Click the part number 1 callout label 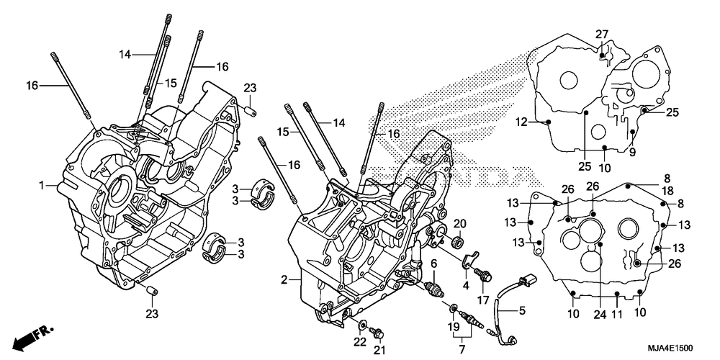pos(42,186)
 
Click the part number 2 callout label pos(284,279)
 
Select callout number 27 pos(602,35)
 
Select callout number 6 pos(434,264)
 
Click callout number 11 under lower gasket pos(617,313)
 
